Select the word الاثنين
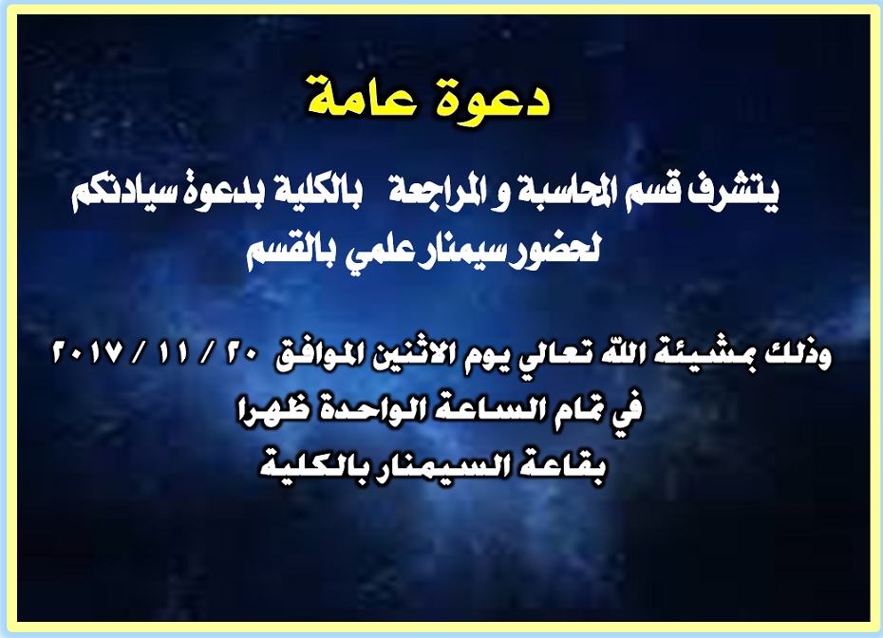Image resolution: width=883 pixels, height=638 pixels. (x=417, y=359)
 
